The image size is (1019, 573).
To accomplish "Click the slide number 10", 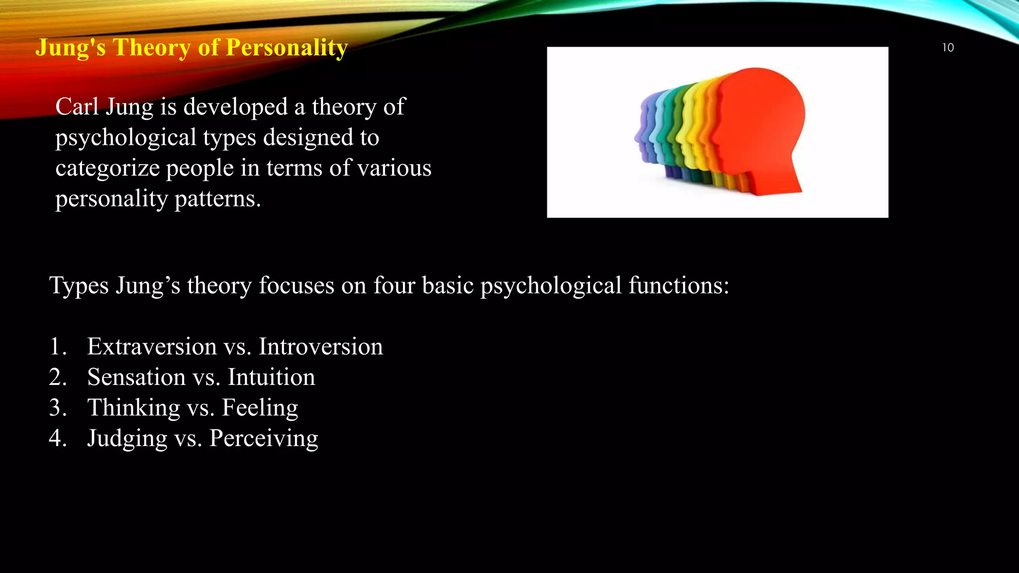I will (948, 48).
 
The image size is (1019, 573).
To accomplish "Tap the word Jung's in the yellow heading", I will (71, 48).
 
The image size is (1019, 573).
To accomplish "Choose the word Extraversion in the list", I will (152, 346).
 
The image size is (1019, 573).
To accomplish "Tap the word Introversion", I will (321, 346).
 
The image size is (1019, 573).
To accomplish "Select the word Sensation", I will (136, 377).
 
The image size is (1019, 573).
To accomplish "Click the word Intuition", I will (271, 377).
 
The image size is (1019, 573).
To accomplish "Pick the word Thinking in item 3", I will (133, 407).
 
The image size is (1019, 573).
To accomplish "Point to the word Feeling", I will (260, 407).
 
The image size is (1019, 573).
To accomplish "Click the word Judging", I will (127, 439).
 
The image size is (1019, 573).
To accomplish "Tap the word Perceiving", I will (263, 439).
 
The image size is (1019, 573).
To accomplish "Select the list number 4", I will (57, 438).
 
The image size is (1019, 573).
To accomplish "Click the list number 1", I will (57, 347).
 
